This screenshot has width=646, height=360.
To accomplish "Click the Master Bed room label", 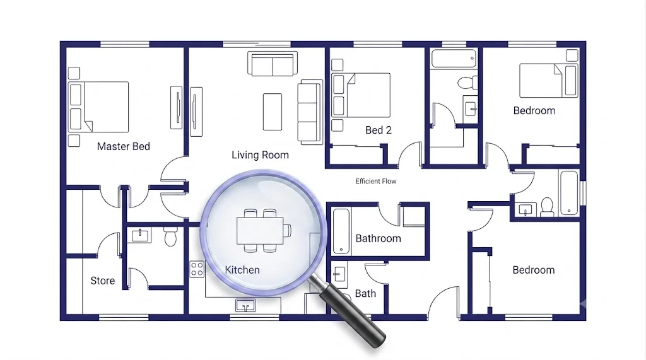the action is point(124,146).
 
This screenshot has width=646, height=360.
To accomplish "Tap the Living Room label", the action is point(260,155).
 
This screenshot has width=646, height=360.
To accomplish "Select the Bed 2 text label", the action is point(379,130).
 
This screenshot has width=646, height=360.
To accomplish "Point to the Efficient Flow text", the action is point(376,181).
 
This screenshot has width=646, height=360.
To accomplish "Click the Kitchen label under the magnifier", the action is point(242,270).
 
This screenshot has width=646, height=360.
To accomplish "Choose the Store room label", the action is point(103,281).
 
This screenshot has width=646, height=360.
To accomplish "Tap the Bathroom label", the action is point(379,238).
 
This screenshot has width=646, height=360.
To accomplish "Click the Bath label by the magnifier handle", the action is point(365,294).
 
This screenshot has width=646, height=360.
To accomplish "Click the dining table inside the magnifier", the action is point(260,230).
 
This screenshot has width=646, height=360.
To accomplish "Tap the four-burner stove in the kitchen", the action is point(197,269).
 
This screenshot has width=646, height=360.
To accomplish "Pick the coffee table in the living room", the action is point(273,112).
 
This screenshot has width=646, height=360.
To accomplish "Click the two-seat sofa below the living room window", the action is point(273,64).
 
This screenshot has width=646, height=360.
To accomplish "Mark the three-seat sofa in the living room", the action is point(310,112).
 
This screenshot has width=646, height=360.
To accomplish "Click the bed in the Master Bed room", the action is point(98,107).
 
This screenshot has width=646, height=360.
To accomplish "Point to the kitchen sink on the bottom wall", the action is point(245,306).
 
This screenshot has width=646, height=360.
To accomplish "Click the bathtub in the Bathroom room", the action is point(341,231).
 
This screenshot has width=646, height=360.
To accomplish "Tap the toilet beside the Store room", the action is point(170,236).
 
